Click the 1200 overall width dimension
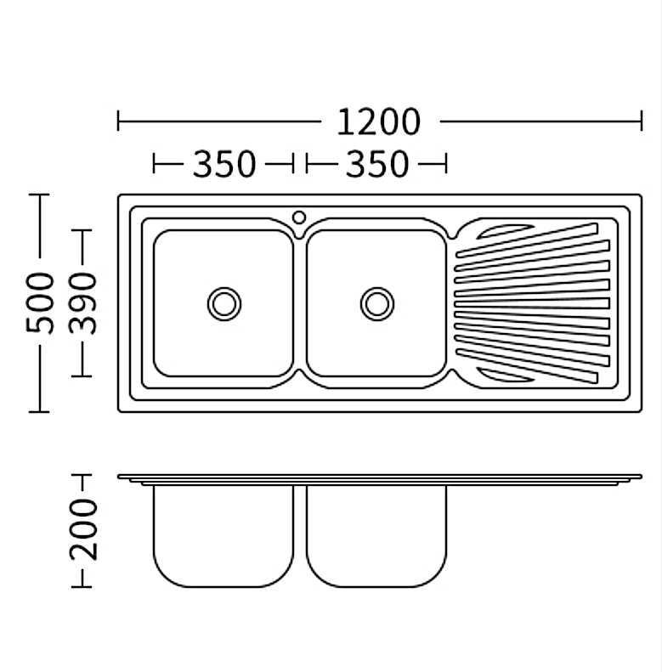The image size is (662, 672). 379,121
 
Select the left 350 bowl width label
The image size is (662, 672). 224,164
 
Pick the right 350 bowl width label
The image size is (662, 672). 377,164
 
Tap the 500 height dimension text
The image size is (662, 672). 40,302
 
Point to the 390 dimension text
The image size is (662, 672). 82,302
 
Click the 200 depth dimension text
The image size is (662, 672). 83,529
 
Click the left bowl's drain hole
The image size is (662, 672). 224,304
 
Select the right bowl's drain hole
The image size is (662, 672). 377,304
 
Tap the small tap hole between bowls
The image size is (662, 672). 299,217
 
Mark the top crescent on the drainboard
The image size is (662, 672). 505,231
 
